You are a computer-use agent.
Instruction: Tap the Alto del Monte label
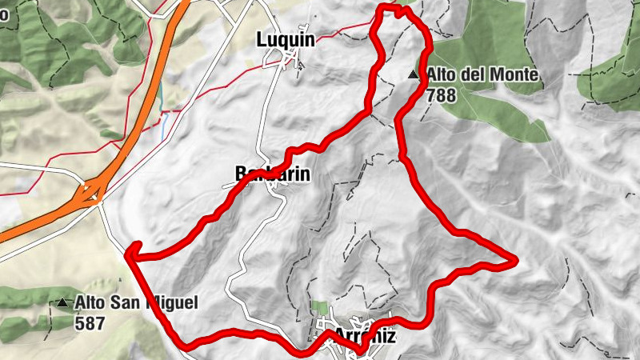pyautogui.click(x=482, y=75)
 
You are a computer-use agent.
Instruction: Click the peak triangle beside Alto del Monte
pyautogui.click(x=413, y=75)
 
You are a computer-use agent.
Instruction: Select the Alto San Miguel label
pyautogui.click(x=136, y=303)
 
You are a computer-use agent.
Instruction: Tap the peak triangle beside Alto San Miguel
pyautogui.click(x=62, y=303)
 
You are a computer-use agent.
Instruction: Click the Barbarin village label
pyautogui.click(x=271, y=174)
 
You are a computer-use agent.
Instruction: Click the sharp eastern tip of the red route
pyautogui.click(x=516, y=260)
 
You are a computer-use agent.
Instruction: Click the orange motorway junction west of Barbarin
pyautogui.click(x=92, y=192)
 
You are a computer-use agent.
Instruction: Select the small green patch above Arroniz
pyautogui.click(x=320, y=308)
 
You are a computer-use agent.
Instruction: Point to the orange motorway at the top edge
pyautogui.click(x=182, y=6)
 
